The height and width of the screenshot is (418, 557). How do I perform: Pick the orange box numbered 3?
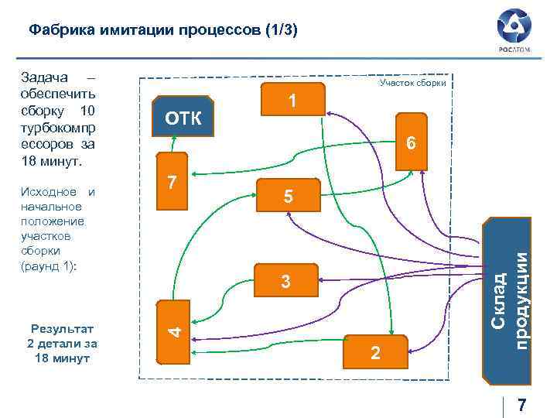(286, 282)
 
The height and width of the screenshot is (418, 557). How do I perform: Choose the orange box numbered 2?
(374, 354)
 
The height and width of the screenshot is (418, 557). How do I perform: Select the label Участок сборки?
(412, 83)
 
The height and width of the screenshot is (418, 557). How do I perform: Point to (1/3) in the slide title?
(282, 30)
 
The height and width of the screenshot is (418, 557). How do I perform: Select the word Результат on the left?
(62, 329)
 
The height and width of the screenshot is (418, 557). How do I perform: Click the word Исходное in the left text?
(49, 192)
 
